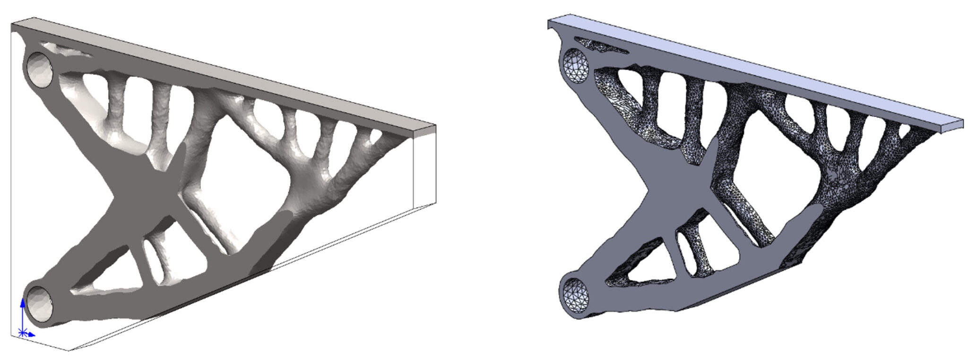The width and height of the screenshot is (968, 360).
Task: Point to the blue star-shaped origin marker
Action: point(22,333)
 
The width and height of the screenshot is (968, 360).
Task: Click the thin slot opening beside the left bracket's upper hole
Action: point(66,50)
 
